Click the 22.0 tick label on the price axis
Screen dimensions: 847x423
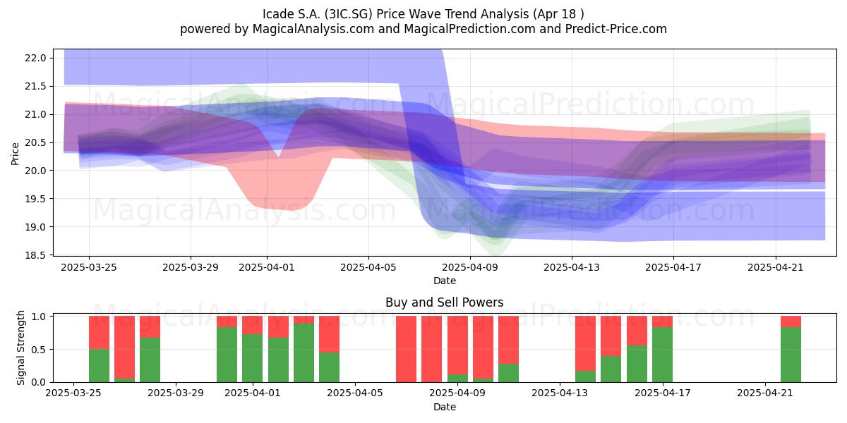35,58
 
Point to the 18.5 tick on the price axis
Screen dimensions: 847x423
35,255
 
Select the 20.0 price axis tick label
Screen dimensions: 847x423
35,171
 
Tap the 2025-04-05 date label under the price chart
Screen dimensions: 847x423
368,267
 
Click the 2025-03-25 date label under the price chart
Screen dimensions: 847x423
89,267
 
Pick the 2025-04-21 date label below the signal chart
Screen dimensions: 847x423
765,393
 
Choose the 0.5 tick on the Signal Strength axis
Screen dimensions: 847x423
39,350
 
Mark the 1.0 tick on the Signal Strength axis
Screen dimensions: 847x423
39,317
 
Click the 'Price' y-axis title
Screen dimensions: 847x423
15,154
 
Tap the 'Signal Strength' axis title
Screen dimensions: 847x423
20,348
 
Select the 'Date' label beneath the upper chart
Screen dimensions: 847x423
445,281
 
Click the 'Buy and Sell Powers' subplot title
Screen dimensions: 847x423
445,302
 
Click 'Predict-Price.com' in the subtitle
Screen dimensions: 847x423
616,29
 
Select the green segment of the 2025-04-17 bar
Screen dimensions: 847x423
663,355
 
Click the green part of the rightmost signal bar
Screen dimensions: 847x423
791,355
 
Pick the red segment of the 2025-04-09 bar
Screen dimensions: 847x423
457,345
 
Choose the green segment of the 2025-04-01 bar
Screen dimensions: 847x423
253,358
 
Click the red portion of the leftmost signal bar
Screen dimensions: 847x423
99,333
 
